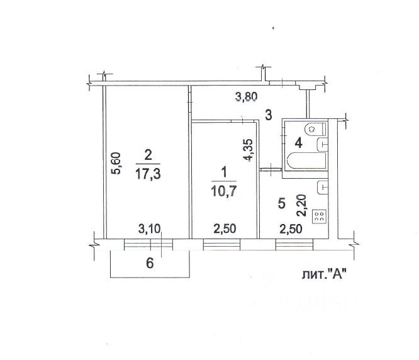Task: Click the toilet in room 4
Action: (316, 130)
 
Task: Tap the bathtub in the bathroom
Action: (306, 160)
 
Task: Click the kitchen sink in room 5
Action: (322, 188)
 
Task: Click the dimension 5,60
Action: (116, 163)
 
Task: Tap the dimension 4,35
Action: (249, 150)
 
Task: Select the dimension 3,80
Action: (247, 96)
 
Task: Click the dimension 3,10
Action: (149, 228)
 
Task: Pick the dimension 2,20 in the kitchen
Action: (302, 205)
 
